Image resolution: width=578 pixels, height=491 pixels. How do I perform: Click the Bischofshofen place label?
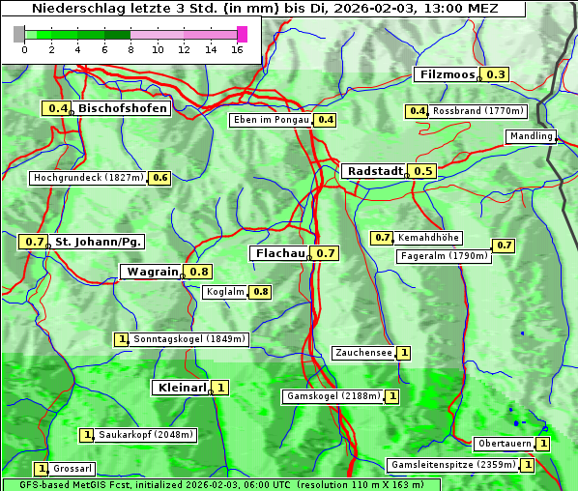click(x=123, y=108)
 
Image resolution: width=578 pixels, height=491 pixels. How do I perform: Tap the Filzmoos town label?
click(x=447, y=74)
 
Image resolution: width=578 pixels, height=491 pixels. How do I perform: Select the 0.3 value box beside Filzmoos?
click(x=496, y=74)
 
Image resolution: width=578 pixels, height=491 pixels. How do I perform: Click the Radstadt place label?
click(x=374, y=170)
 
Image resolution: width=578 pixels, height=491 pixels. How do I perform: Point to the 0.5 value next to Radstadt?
click(x=422, y=170)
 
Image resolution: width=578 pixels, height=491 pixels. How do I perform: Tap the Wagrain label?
click(x=153, y=272)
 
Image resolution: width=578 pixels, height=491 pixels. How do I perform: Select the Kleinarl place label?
click(x=180, y=388)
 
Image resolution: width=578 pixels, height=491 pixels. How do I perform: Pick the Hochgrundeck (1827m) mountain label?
click(x=88, y=178)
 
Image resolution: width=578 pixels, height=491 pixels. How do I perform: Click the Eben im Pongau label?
click(x=270, y=120)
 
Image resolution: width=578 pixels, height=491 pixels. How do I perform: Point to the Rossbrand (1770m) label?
click(x=477, y=111)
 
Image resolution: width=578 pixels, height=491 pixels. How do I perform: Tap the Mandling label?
click(x=530, y=136)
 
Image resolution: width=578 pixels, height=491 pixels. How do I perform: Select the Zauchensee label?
click(x=363, y=353)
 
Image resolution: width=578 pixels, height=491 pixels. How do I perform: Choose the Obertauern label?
click(x=505, y=444)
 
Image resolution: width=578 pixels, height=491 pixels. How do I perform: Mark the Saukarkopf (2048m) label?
click(x=146, y=435)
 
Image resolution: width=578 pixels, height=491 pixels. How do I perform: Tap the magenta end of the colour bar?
click(x=242, y=34)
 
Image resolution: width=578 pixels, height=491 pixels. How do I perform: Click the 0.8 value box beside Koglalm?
click(x=260, y=291)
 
